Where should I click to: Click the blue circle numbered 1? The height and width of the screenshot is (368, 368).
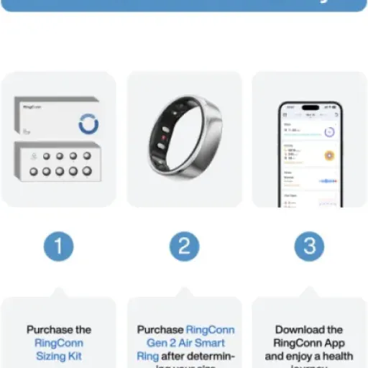pos(58,247)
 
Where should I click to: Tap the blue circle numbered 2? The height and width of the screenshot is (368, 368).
pos(184,247)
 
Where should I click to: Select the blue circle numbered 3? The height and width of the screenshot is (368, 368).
pos(309,247)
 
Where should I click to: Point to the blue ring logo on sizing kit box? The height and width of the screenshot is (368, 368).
pos(88,124)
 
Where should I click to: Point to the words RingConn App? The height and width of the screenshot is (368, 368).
pos(309,343)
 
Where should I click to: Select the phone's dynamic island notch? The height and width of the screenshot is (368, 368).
pos(309,107)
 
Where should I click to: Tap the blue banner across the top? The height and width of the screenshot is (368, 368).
pos(184,5)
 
